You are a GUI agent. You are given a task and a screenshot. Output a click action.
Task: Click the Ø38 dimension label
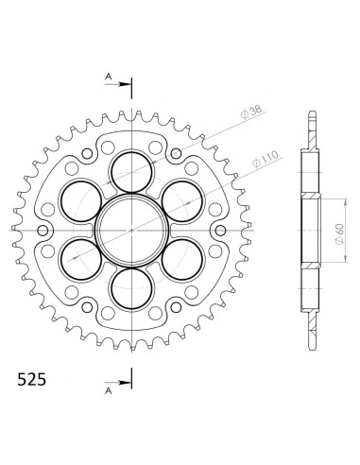pos(251,112)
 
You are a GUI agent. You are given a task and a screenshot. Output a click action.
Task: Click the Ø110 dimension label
pos(266,159)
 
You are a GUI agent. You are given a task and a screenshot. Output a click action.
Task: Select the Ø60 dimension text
pos(339,233)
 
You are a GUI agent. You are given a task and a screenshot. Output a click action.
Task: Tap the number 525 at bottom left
pos(31,380)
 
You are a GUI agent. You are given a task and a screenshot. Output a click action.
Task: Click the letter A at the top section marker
pos(109,77)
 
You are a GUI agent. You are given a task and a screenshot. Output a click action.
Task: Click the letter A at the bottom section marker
pos(109,391)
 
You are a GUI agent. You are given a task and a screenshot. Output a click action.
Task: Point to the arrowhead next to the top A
pos(126,84)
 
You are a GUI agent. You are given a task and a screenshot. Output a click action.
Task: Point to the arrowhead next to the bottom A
pos(126,383)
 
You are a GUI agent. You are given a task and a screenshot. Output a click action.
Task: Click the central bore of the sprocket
pos(132,231)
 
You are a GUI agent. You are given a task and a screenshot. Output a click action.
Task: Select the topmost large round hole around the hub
pos(132,172)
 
